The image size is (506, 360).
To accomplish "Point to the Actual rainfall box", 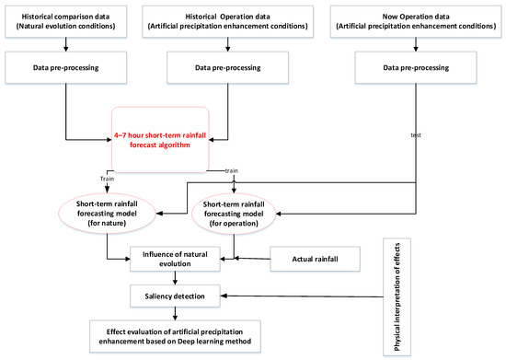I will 316,260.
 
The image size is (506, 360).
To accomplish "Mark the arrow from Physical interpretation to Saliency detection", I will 304,296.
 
